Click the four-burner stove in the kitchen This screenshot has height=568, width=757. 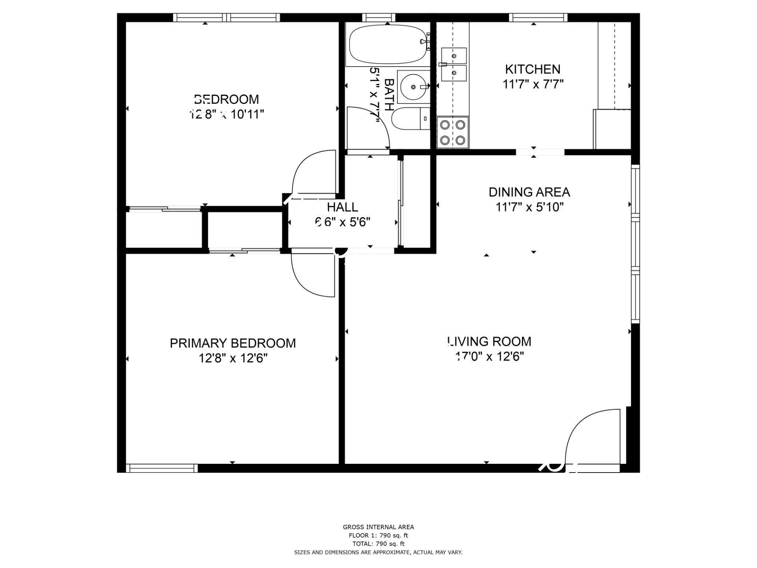tap(453, 133)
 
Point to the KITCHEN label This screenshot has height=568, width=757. tap(532, 69)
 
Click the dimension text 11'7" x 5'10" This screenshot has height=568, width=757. tap(529, 207)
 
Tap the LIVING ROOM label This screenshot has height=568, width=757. tap(489, 341)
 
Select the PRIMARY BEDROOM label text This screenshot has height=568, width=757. tap(233, 343)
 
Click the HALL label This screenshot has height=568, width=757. tap(342, 207)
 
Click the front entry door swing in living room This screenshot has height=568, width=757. tap(591, 438)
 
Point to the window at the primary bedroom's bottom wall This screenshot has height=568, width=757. tap(162, 468)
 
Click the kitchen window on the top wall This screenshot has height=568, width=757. tap(538, 17)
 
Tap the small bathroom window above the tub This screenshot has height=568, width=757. tap(378, 17)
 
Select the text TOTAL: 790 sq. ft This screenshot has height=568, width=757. tap(378, 544)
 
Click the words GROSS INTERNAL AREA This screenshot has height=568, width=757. tap(378, 527)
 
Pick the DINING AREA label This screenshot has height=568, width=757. tap(529, 192)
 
